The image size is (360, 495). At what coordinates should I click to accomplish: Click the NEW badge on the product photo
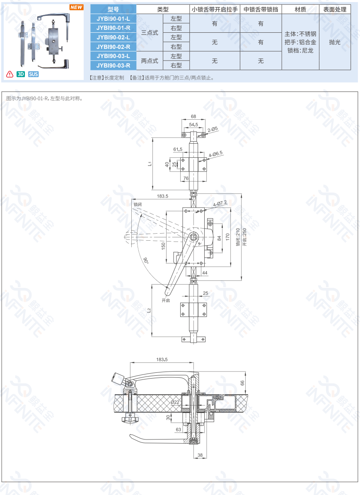pyautogui.click(x=76, y=7)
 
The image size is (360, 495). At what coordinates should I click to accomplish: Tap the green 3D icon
pyautogui.click(x=21, y=74)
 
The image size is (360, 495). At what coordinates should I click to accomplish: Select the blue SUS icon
pyautogui.click(x=33, y=74)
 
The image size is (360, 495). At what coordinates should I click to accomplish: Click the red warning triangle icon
pyautogui.click(x=10, y=74)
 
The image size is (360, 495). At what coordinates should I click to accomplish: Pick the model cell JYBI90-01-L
pyautogui.click(x=113, y=19)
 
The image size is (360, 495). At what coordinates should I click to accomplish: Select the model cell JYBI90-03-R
pyautogui.click(x=113, y=65)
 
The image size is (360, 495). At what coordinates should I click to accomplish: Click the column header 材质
pyautogui.click(x=300, y=10)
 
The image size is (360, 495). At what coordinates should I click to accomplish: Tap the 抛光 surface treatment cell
pyautogui.click(x=335, y=42)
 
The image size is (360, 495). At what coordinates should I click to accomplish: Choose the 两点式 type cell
pyautogui.click(x=150, y=60)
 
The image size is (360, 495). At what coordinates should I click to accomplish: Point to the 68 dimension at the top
pyautogui.click(x=193, y=116)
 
